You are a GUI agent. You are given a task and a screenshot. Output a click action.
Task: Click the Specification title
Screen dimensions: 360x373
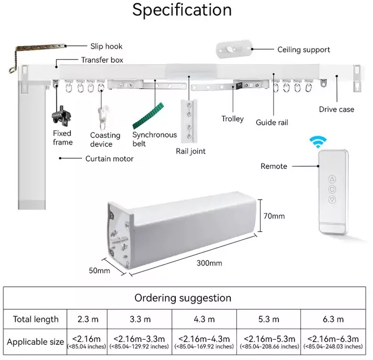[x=182, y=10]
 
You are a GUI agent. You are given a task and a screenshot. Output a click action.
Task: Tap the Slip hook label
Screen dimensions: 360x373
[x=106, y=47]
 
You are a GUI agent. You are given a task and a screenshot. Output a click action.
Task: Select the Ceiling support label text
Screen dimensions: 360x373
[x=303, y=50]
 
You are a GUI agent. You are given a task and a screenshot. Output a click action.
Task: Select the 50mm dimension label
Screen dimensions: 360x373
[x=99, y=271]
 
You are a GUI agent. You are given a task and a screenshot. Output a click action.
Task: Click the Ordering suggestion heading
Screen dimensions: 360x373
[x=183, y=298]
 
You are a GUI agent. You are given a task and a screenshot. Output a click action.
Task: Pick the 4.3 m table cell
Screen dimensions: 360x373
[x=204, y=319]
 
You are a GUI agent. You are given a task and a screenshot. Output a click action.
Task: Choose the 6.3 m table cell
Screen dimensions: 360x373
[x=333, y=319]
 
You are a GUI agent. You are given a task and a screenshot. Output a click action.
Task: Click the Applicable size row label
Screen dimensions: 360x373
[x=35, y=342]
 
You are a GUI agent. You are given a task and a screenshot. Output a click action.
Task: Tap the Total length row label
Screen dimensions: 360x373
[x=36, y=319]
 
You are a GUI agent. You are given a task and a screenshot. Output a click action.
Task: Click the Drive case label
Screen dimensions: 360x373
[x=336, y=109]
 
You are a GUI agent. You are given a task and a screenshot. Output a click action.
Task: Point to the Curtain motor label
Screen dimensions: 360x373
[x=109, y=158]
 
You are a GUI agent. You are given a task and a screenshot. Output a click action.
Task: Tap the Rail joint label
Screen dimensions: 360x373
[x=190, y=152]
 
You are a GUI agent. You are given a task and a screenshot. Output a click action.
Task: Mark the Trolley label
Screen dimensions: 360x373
[x=232, y=119]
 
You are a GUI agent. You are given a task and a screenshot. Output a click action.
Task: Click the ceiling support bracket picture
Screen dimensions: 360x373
[x=232, y=50]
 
